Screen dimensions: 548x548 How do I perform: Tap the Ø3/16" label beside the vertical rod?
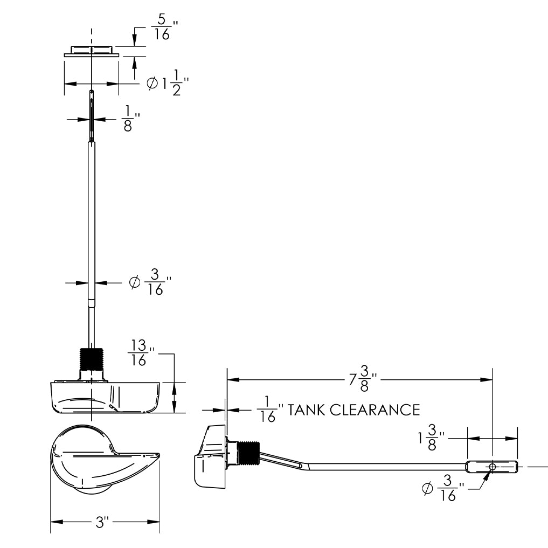150,282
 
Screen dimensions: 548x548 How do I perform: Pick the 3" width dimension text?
102,522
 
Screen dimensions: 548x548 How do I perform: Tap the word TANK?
307,410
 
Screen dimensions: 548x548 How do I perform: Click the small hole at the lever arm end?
492,466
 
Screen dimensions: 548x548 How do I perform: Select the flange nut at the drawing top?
92,51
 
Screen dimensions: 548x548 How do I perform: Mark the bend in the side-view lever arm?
303,464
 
